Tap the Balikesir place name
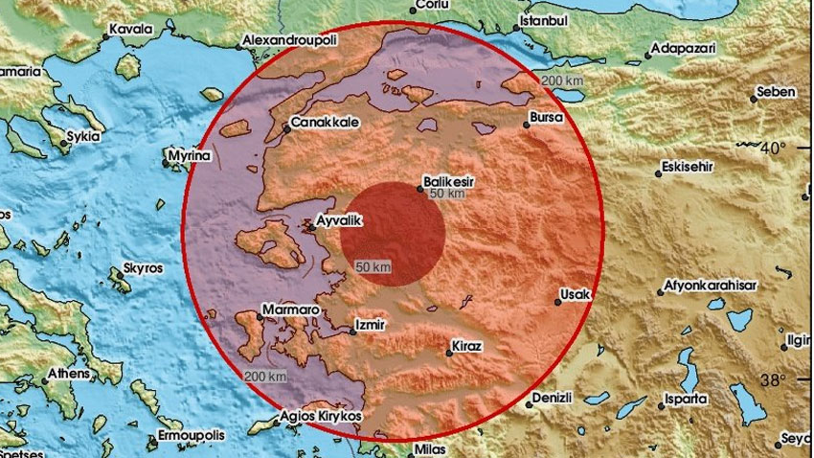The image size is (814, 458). [450, 179]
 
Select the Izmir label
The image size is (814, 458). [370, 325]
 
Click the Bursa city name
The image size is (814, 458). [542, 121]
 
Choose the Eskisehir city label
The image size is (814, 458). [692, 169]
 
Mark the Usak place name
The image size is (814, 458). [577, 294]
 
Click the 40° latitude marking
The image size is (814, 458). [773, 148]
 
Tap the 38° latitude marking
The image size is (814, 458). [773, 379]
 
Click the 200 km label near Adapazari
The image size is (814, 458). [560, 80]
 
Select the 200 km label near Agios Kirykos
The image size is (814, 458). [263, 375]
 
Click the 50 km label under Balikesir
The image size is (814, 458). [447, 195]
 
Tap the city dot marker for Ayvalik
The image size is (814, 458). [307, 227]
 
